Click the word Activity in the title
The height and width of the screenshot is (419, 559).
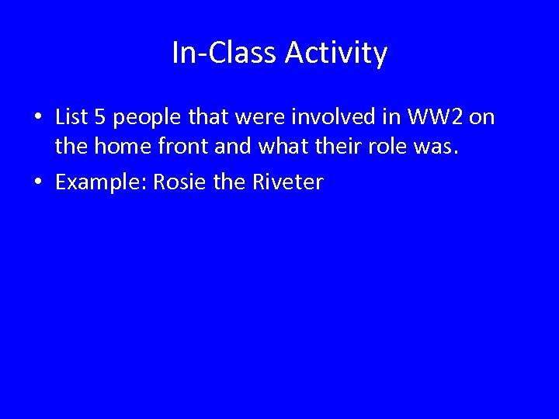pyautogui.click(x=336, y=54)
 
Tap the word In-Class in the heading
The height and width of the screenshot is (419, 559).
pyautogui.click(x=224, y=54)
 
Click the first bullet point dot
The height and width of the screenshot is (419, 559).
pyautogui.click(x=38, y=118)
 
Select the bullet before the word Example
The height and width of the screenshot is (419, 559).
pyautogui.click(x=38, y=183)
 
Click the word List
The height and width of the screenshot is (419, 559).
pyautogui.click(x=71, y=117)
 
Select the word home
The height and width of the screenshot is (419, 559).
pyautogui.click(x=116, y=146)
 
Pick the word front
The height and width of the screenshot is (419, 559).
pyautogui.click(x=175, y=146)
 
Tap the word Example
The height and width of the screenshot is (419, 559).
pyautogui.click(x=100, y=183)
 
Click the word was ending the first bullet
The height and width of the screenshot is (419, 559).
pyautogui.click(x=440, y=147)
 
